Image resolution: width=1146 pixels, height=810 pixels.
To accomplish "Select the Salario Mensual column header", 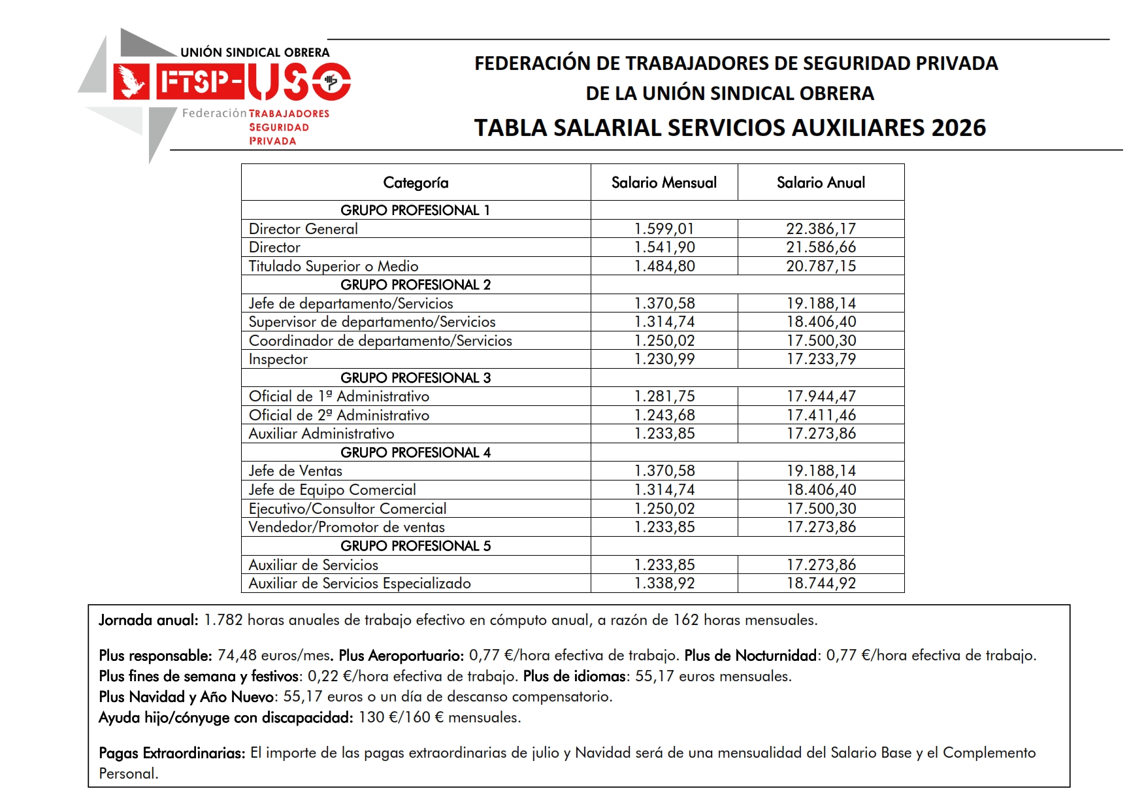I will coord(664,182).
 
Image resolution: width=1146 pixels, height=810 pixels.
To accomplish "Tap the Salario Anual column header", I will coord(821,182).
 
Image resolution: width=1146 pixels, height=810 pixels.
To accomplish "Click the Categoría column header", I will coord(416,182).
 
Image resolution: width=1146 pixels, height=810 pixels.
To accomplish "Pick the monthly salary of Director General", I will coord(664,229).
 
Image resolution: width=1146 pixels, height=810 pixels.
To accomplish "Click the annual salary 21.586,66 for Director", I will coord(821,247).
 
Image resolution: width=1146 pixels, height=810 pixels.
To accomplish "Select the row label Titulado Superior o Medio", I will coord(333,266).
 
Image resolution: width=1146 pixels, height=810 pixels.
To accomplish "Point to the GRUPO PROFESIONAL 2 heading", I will coord(416,284).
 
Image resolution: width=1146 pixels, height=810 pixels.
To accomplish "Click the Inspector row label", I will coord(278,359).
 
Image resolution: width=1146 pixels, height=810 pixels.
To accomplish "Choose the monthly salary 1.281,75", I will coord(664,396).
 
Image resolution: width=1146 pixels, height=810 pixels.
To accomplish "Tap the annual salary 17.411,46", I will coord(821,415).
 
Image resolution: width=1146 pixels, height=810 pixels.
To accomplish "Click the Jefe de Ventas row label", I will coord(295,471).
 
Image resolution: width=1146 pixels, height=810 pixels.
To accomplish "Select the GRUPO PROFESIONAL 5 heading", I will coord(416,546).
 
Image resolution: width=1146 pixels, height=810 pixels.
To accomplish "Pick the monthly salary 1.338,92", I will coord(664,583).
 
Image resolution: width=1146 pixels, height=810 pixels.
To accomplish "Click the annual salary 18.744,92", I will coord(821,583).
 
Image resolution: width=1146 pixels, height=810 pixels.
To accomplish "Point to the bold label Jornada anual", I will coord(148,620).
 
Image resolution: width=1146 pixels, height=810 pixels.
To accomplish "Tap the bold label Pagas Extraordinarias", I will coord(172,752).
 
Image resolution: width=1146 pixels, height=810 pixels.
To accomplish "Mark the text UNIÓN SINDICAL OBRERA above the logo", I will coord(255,52).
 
